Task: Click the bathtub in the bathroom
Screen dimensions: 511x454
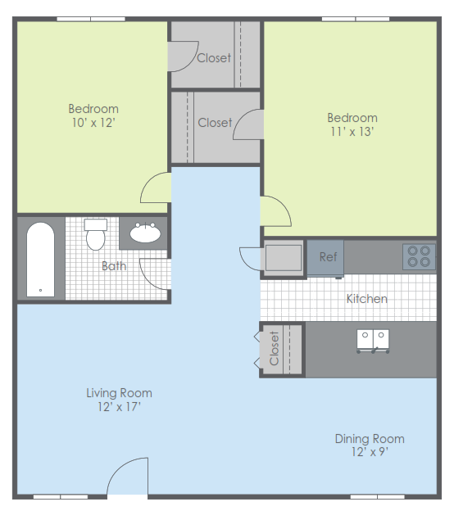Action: click(x=39, y=259)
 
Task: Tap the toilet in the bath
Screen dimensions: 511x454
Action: click(x=96, y=235)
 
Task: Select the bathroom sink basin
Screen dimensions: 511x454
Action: click(x=145, y=233)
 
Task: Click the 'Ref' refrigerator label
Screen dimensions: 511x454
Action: click(x=328, y=257)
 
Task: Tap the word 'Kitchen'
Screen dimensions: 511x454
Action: click(x=366, y=299)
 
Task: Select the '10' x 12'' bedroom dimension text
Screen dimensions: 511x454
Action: click(x=93, y=123)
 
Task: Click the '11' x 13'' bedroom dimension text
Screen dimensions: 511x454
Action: click(x=352, y=131)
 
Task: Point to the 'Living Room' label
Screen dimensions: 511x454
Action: click(x=119, y=393)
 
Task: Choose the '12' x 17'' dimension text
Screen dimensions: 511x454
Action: click(x=119, y=407)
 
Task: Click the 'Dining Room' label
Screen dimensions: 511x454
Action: click(x=369, y=439)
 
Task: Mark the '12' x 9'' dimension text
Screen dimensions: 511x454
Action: click(x=369, y=453)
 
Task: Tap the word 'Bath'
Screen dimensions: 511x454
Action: click(x=114, y=265)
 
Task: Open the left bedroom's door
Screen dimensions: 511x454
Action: click(x=156, y=189)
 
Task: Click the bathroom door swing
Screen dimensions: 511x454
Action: click(x=154, y=272)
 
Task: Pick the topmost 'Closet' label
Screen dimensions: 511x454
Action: click(x=214, y=58)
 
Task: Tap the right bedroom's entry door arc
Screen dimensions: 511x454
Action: click(x=275, y=211)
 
